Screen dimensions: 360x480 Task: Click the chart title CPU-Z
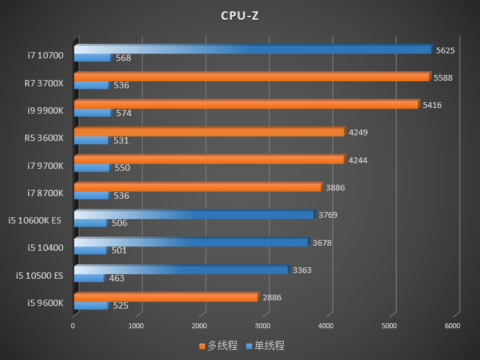tap(239, 16)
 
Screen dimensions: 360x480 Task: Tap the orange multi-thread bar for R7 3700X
tap(251, 77)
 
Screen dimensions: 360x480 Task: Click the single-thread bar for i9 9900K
tap(92, 113)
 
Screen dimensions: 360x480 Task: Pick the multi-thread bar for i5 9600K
tap(166, 297)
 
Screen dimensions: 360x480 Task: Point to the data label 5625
tap(445, 50)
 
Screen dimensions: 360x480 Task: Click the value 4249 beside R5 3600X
tap(358, 133)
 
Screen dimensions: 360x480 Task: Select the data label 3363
tap(302, 270)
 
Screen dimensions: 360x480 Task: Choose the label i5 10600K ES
tap(35, 220)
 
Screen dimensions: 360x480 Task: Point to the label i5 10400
tap(45, 248)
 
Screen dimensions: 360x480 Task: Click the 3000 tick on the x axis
tap(262, 326)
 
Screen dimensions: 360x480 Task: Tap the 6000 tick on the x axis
tap(452, 326)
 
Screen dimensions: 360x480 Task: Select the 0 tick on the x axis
tap(73, 326)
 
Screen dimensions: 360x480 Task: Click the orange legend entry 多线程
tap(218, 346)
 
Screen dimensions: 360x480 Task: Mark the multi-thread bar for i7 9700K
tap(209, 159)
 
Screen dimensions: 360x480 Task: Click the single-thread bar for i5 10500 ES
tap(89, 278)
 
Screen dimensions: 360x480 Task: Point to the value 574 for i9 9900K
tap(123, 113)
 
